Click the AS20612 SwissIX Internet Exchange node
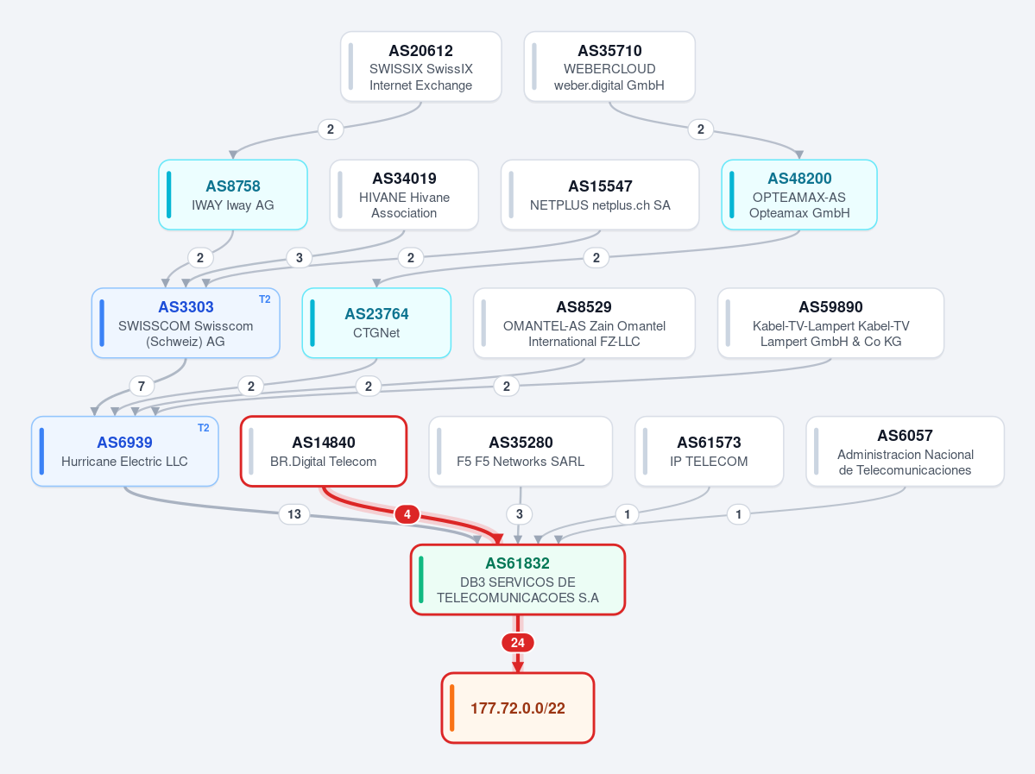click(x=421, y=66)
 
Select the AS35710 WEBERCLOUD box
click(x=609, y=66)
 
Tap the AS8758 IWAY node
click(x=233, y=195)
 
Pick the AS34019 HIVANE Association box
click(x=404, y=195)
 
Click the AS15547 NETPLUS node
click(x=600, y=195)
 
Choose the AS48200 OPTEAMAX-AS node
click(x=799, y=195)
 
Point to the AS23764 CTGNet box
click(x=376, y=323)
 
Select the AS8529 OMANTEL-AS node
click(x=584, y=323)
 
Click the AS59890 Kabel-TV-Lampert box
click(x=831, y=323)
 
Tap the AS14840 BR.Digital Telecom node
click(x=324, y=451)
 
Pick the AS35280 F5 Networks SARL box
click(x=521, y=451)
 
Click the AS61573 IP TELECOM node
click(x=709, y=451)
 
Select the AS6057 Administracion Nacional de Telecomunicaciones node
click(x=905, y=451)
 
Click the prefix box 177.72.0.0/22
click(x=518, y=708)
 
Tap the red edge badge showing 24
click(x=518, y=643)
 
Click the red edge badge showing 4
click(x=407, y=514)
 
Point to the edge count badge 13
click(x=294, y=514)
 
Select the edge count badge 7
click(x=142, y=386)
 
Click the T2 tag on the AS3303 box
click(x=265, y=299)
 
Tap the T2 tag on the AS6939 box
click(x=204, y=428)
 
